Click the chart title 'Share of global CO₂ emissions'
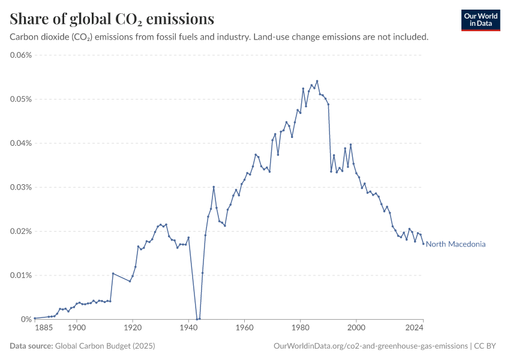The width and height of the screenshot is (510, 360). coord(112,19)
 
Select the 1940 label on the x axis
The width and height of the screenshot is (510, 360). coord(188,328)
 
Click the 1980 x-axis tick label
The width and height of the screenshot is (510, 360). coord(301,328)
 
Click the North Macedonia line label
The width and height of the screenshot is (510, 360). coord(455,244)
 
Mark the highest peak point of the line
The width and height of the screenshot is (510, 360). coord(317,81)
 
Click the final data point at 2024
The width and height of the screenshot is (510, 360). coord(424,244)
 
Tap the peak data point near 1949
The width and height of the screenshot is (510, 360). coord(214,187)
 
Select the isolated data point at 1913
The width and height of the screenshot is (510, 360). coord(113,274)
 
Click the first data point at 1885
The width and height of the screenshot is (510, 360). coord(35,318)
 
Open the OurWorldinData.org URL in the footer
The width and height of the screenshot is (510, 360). coord(370,346)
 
